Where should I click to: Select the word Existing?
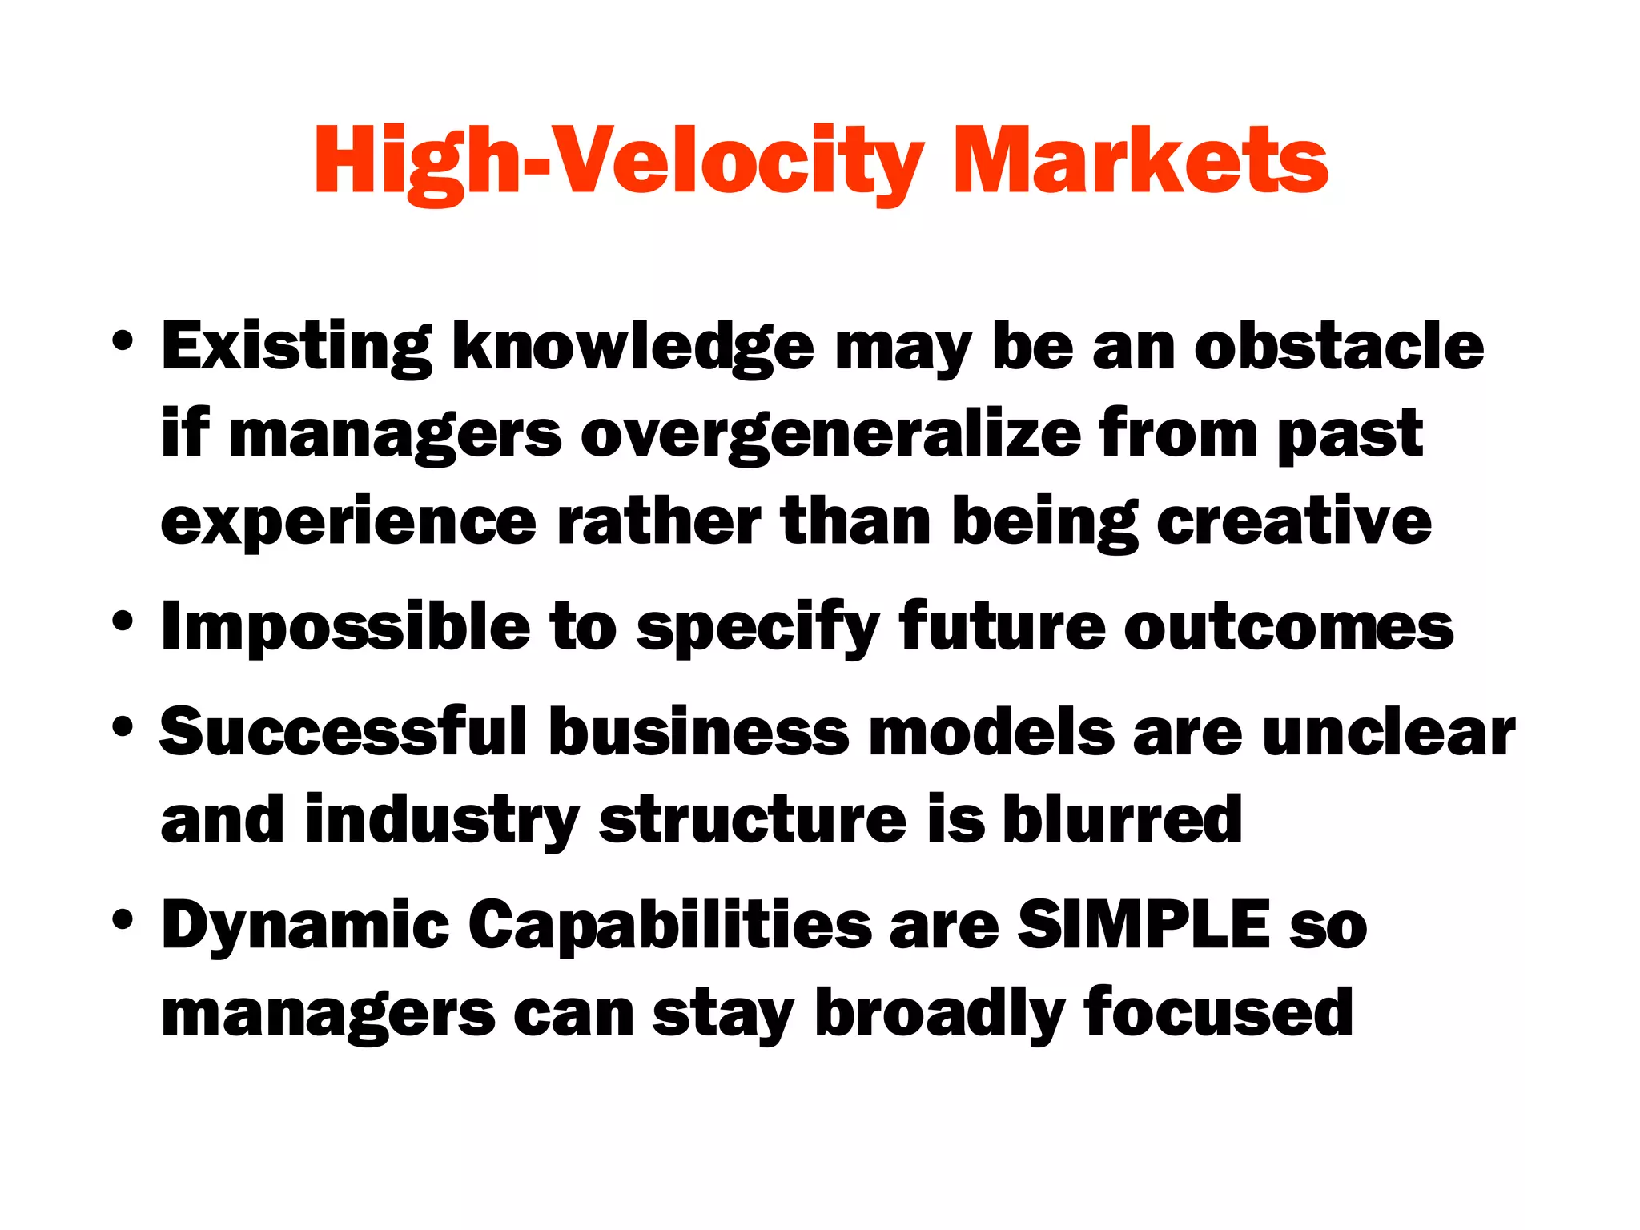(x=296, y=347)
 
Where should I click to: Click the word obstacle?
(x=1339, y=346)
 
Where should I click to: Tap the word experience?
(x=348, y=523)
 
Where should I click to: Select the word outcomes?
(x=1288, y=627)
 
